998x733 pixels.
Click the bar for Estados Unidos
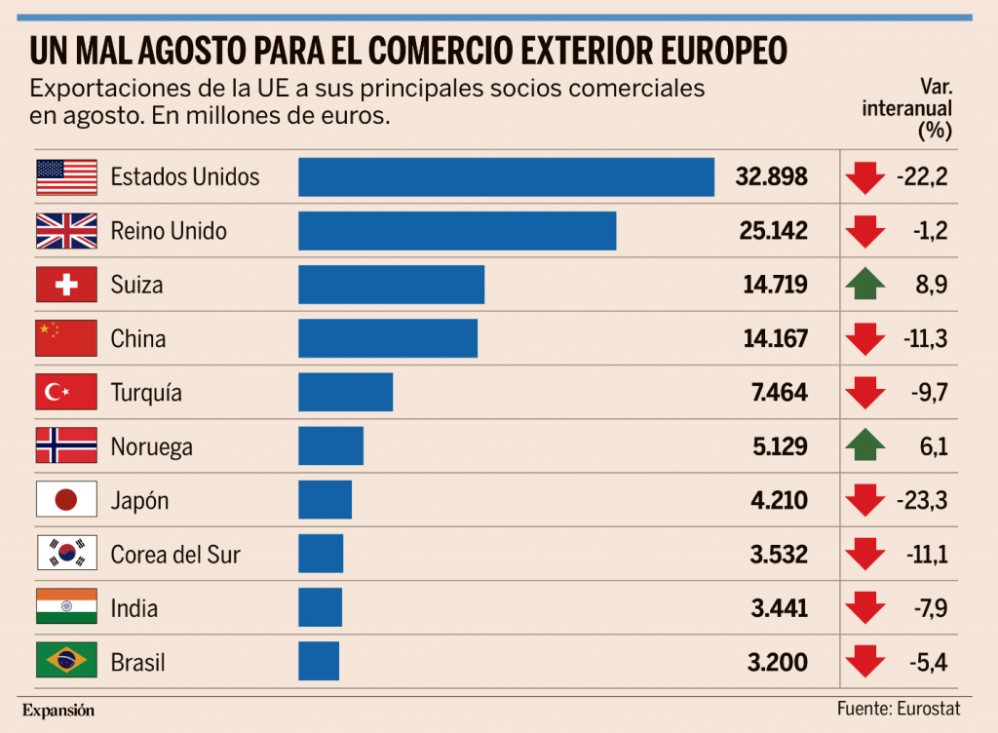click(506, 176)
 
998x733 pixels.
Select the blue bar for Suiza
click(391, 285)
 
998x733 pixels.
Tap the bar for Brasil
click(319, 662)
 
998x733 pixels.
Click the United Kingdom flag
click(66, 231)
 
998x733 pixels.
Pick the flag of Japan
click(66, 500)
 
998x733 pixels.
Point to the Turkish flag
click(66, 393)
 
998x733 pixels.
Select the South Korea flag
click(66, 554)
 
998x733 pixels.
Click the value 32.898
click(771, 177)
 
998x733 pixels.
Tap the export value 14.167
click(777, 339)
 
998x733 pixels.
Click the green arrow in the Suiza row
click(865, 285)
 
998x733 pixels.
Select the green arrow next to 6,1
click(865, 446)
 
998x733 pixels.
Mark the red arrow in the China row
click(865, 339)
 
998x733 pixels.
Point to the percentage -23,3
click(921, 501)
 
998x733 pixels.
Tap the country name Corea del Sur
click(175, 555)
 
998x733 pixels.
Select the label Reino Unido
click(169, 231)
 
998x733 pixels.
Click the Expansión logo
click(58, 710)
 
